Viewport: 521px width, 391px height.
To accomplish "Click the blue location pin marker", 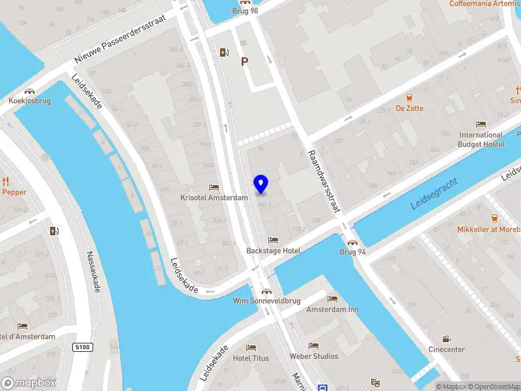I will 261,184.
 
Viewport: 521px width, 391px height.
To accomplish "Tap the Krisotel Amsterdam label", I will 215,197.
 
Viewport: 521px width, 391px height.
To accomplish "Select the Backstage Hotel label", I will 273,251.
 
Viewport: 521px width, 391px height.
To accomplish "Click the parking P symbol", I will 245,62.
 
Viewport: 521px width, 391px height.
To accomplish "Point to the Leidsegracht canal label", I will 434,194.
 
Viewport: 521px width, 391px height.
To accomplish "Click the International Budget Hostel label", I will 481,139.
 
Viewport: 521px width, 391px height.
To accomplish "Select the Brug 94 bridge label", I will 352,252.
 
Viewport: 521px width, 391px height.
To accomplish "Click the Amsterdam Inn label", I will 332,309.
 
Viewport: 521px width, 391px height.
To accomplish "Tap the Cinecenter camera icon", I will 446,339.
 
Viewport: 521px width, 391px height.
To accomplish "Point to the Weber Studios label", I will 314,356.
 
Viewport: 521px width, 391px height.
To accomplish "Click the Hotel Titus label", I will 251,358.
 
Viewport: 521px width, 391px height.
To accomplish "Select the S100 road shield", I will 82,347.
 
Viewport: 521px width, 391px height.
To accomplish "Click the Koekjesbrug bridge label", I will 29,102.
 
